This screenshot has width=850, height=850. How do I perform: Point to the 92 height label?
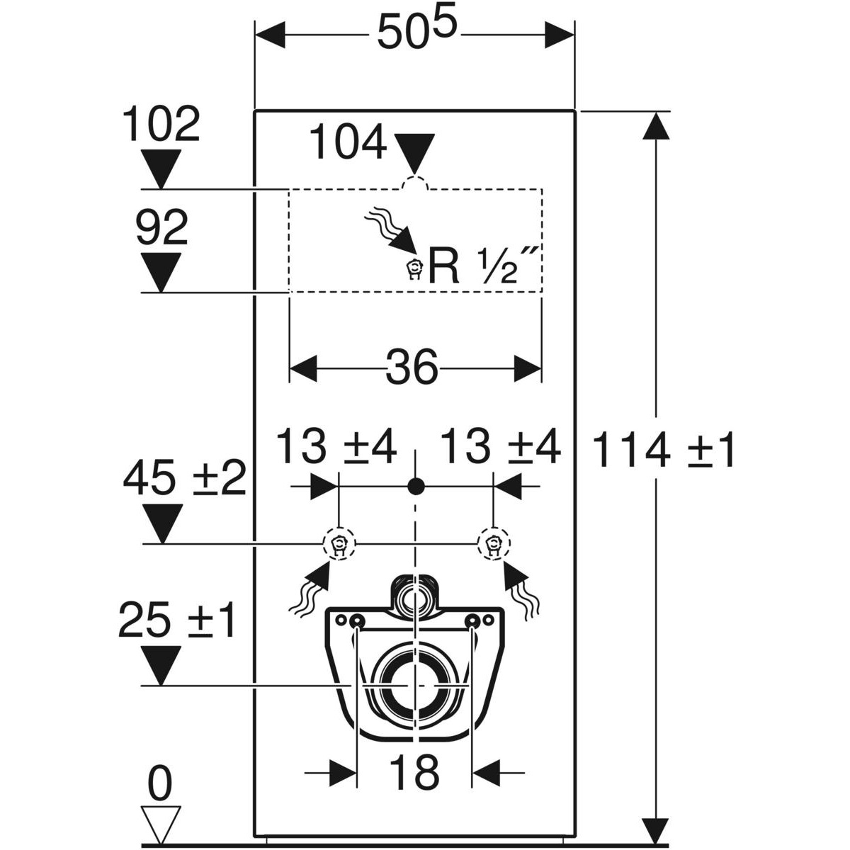coord(161,229)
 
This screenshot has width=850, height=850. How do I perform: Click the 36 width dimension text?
coord(414,368)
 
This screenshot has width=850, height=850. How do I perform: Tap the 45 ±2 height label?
coord(184,480)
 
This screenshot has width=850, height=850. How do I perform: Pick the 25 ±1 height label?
coord(177,620)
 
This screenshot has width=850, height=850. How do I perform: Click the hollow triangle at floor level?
coord(161,823)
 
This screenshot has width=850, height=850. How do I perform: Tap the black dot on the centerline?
coord(416,486)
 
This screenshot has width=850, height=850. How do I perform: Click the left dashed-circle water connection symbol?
coord(339,544)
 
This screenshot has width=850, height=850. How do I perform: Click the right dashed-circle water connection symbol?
coord(493,544)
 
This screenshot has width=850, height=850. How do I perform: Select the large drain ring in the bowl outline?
coord(414,686)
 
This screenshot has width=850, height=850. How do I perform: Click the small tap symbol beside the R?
coord(414,270)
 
